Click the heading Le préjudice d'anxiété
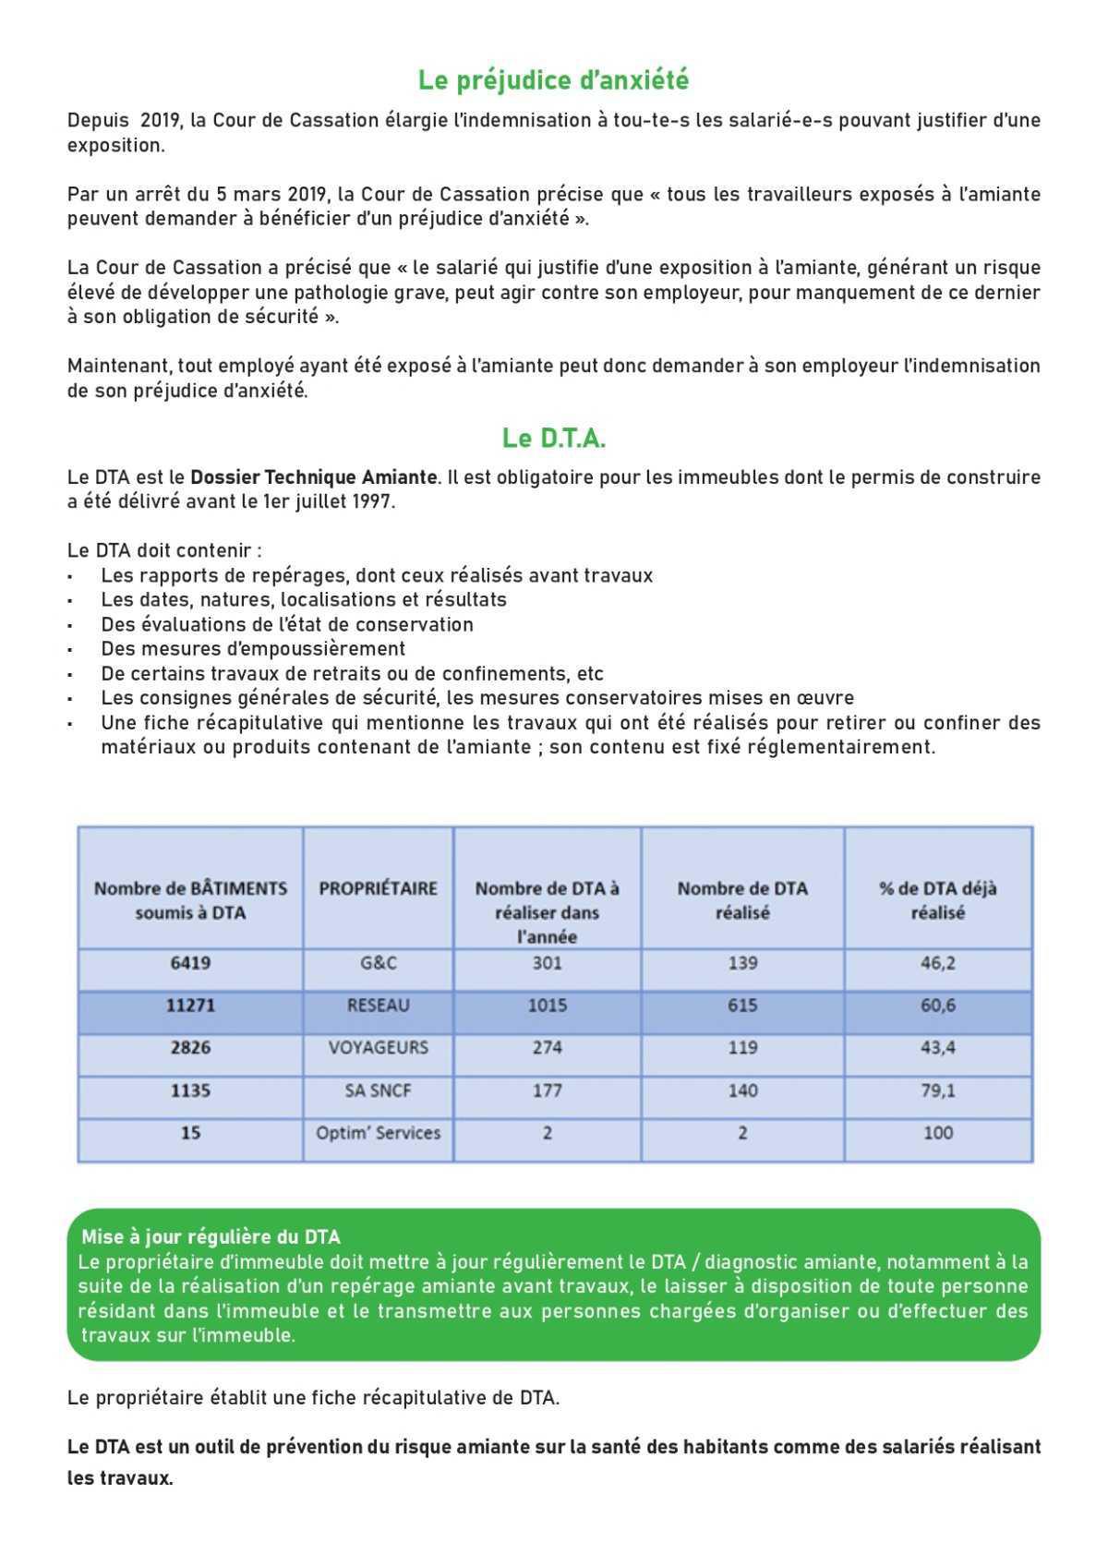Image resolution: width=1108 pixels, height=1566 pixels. click(553, 80)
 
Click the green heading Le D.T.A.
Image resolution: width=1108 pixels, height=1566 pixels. click(553, 438)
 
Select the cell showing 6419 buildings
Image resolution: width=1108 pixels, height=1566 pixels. click(190, 963)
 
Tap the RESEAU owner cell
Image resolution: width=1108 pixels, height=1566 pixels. click(378, 1006)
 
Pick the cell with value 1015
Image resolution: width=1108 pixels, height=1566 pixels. click(547, 1006)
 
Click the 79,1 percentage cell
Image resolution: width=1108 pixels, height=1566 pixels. click(937, 1090)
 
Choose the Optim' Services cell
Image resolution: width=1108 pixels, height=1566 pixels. click(378, 1133)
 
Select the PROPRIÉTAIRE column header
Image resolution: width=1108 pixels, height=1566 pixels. click(378, 888)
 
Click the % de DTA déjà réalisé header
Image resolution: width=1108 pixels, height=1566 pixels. click(937, 900)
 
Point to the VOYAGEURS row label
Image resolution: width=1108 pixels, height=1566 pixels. click(378, 1048)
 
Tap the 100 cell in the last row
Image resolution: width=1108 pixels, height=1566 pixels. click(937, 1133)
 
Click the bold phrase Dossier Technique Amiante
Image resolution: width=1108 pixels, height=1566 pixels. click(313, 477)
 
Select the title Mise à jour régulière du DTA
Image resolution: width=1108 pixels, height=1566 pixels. click(211, 1237)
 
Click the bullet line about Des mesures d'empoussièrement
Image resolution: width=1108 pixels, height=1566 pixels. click(253, 648)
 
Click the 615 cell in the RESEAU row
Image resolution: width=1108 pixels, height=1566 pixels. click(742, 1006)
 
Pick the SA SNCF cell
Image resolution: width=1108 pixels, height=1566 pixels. click(378, 1090)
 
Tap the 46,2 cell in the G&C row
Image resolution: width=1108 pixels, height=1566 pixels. click(937, 963)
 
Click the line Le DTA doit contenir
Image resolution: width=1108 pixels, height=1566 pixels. click(164, 550)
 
